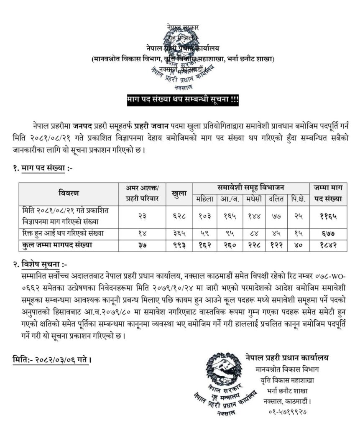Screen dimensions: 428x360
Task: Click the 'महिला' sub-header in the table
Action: point(205,199)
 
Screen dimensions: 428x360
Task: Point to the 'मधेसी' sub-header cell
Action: point(254,199)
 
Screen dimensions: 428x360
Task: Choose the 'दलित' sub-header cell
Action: point(276,199)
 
